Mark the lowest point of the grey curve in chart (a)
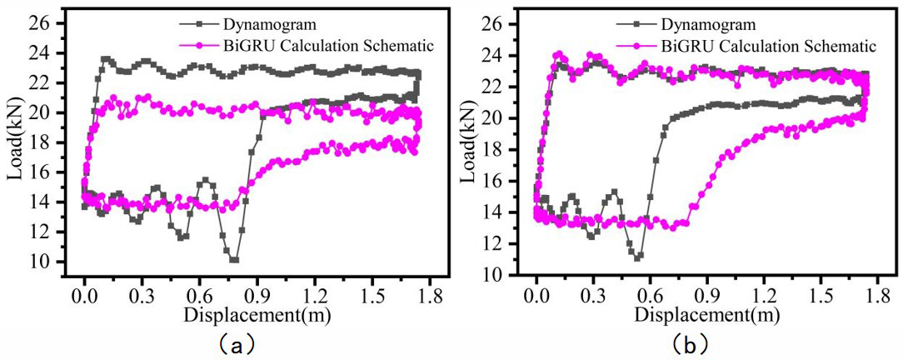click(x=234, y=260)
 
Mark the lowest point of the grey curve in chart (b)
click(x=637, y=257)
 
